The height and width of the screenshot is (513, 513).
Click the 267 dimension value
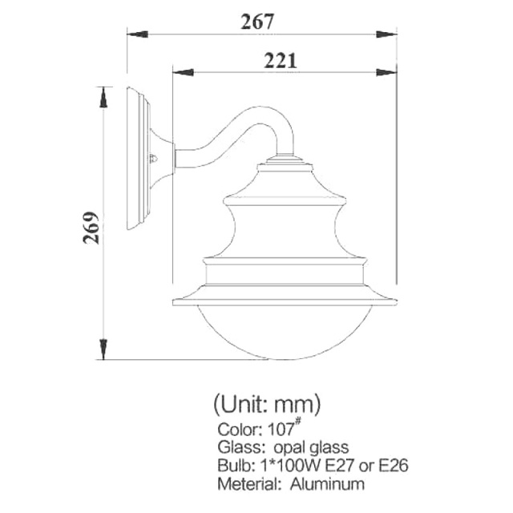[x=256, y=22]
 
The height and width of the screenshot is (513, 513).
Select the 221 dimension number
[x=281, y=61]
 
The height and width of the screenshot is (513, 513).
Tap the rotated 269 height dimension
[x=91, y=228]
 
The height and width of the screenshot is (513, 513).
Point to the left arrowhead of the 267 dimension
[x=137, y=34]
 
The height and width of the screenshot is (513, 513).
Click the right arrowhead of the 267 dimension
[x=386, y=34]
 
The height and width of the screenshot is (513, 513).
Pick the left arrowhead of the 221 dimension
[x=183, y=72]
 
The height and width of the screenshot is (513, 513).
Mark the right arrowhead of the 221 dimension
[x=386, y=72]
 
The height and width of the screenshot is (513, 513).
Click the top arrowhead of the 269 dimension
[x=103, y=97]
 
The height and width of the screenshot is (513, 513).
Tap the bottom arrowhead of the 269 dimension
[x=103, y=349]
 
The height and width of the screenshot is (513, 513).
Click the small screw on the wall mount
[x=153, y=159]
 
